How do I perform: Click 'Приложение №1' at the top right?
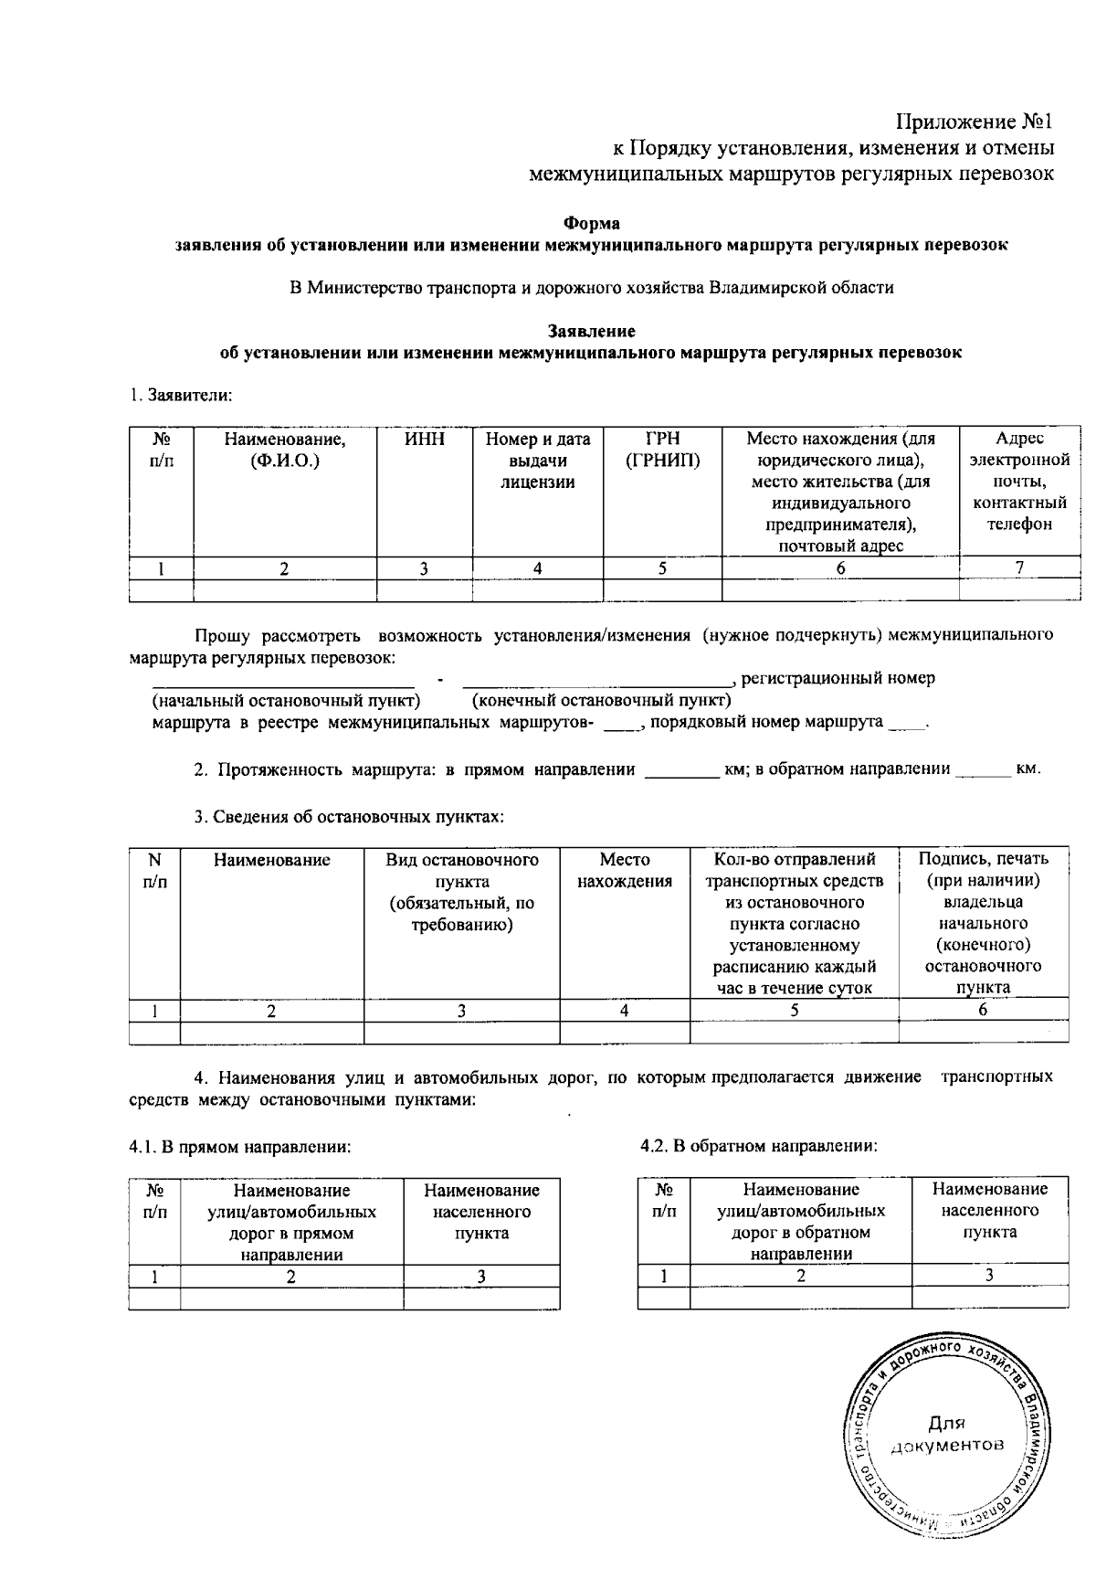tap(975, 122)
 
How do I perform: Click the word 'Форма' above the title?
tap(591, 223)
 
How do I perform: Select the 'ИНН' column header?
tap(424, 440)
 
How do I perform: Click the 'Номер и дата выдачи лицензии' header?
tap(537, 461)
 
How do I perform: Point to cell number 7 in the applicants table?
tap(1019, 567)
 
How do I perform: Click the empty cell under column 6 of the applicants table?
tap(839, 590)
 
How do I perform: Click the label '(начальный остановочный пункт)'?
tap(286, 701)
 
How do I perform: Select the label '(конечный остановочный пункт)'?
tap(601, 701)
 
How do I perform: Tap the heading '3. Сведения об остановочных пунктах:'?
tap(349, 817)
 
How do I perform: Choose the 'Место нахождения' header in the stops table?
tap(625, 870)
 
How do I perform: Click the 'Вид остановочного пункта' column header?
tap(461, 892)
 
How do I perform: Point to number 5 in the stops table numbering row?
tap(794, 1010)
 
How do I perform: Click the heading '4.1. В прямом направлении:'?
tap(239, 1146)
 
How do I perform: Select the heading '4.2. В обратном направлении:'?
tap(759, 1146)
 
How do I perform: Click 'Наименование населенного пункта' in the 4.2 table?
tap(989, 1210)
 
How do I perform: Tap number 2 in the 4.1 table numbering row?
tap(291, 1277)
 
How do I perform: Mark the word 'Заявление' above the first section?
tap(591, 331)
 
